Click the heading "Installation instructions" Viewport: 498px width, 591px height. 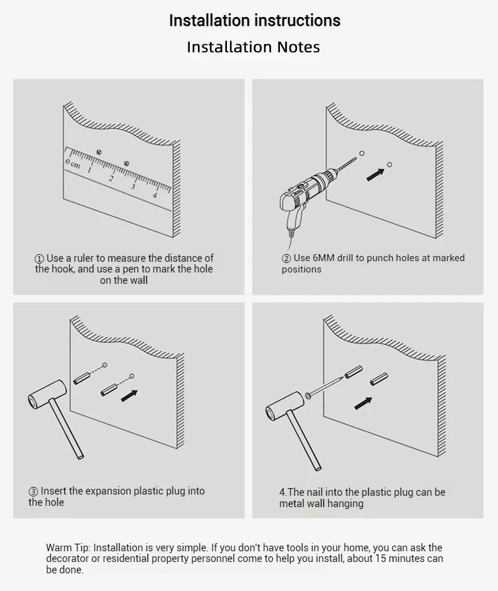coord(255,20)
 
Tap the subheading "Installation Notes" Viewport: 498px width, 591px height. coord(253,47)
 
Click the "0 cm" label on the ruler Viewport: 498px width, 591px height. coord(72,163)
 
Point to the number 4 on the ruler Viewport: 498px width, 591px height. coord(155,195)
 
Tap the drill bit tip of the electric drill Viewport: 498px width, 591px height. coord(356,157)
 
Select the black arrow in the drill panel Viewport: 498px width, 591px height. coord(375,175)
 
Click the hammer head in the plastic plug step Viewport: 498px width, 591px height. coord(47,394)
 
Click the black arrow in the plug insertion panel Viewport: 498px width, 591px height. coord(129,395)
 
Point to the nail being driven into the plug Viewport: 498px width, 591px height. coord(325,386)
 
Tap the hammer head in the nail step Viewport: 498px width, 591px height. coord(284,406)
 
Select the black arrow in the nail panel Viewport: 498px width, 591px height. coord(363,403)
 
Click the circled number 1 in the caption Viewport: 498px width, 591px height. coord(39,259)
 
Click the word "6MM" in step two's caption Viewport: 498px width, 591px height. coord(323,258)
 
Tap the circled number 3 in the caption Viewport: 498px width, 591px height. coord(33,492)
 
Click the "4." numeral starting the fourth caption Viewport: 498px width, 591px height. coord(283,492)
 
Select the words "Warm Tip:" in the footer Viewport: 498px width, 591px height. coord(68,547)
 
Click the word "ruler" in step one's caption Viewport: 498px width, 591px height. coord(83,258)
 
